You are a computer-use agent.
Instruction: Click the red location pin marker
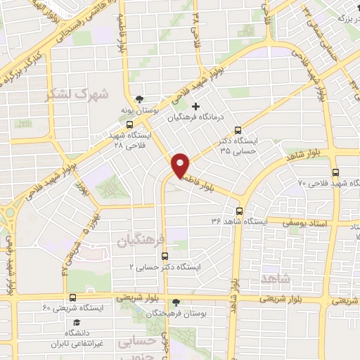[x=181, y=164]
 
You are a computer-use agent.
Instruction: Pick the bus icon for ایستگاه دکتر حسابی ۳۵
[x=238, y=129]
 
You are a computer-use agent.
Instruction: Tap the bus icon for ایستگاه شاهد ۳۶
[x=240, y=210]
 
